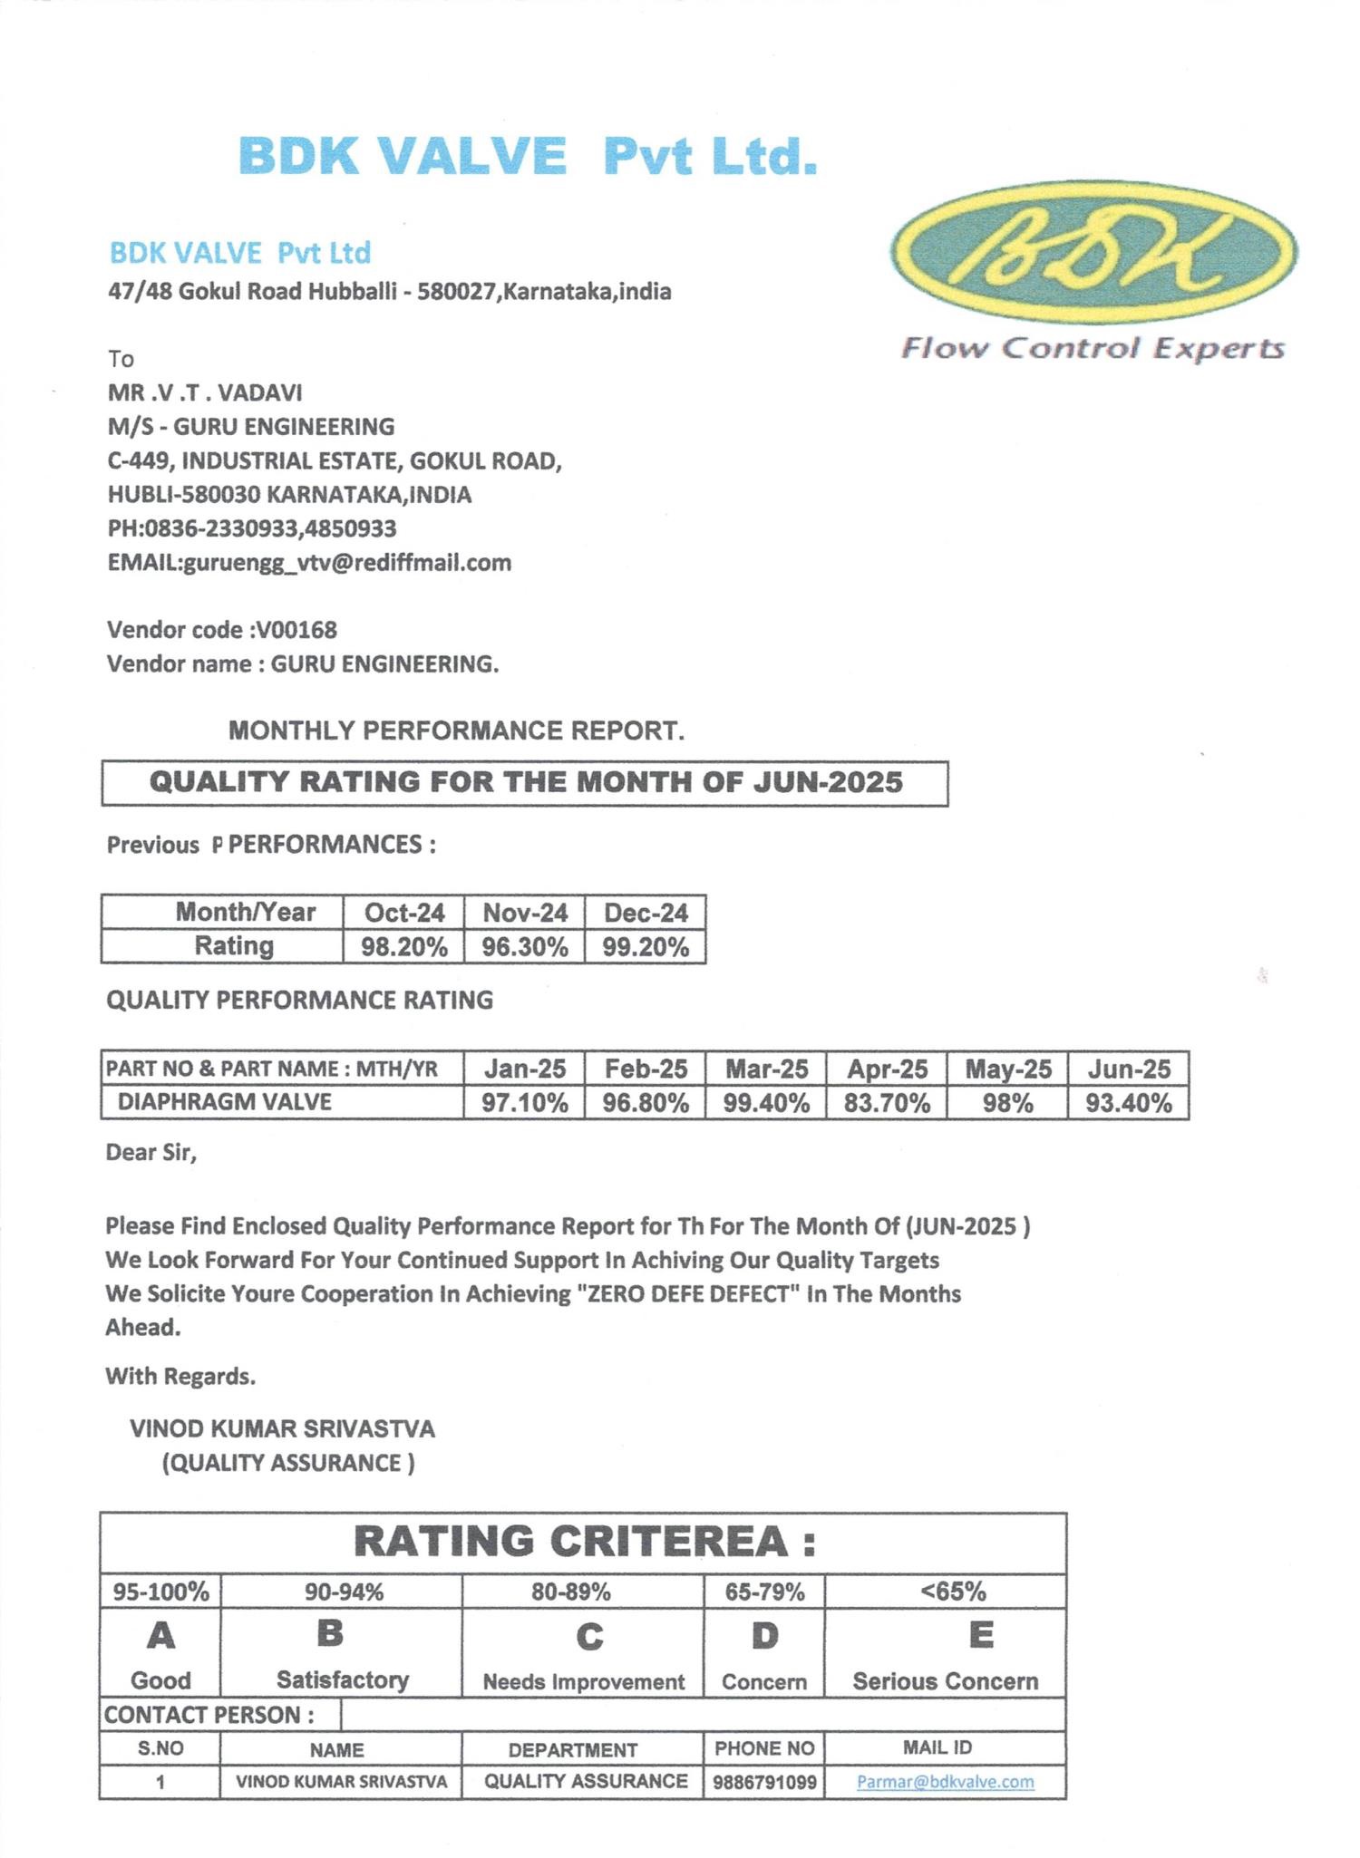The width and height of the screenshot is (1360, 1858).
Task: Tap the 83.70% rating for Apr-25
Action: (887, 1103)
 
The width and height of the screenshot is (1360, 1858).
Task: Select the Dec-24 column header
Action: (646, 913)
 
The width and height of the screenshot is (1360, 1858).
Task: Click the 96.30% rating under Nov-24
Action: (525, 947)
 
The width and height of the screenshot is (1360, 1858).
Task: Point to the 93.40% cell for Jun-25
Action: (1129, 1103)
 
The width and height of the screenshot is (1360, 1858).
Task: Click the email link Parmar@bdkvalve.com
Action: (945, 1782)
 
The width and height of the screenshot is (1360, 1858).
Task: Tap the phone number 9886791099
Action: (764, 1783)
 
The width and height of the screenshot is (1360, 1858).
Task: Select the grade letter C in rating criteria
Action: (589, 1637)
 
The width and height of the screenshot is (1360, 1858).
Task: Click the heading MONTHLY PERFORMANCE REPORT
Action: (456, 731)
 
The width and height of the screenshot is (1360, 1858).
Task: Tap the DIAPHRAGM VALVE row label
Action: (224, 1102)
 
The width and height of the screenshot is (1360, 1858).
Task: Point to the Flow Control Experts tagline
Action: (1093, 348)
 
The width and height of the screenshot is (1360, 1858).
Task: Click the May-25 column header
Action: (1008, 1069)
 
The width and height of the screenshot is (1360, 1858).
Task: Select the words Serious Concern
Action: (945, 1681)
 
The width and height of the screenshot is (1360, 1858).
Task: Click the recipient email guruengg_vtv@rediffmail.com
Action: (347, 563)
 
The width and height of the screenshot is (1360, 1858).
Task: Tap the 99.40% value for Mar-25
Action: (766, 1103)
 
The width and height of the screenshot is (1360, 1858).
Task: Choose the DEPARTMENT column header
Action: (572, 1749)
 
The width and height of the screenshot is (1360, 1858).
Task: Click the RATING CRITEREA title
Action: (585, 1542)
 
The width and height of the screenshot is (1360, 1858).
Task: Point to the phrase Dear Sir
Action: (151, 1153)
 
